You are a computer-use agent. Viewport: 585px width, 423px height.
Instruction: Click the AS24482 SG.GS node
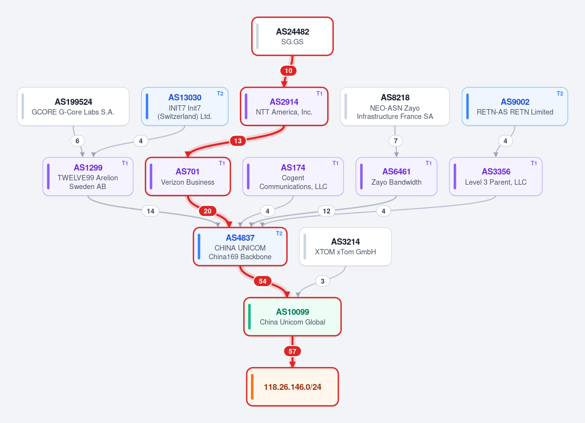(292, 36)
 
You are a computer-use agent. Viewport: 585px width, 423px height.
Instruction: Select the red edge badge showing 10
(288, 71)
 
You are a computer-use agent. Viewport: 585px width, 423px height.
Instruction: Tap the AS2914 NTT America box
(284, 107)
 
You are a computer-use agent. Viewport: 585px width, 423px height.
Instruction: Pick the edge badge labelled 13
(238, 141)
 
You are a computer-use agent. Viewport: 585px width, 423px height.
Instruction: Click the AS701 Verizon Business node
(188, 176)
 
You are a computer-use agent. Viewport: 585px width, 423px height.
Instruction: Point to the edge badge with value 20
(207, 211)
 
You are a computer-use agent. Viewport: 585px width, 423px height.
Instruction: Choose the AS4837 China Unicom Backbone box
(240, 247)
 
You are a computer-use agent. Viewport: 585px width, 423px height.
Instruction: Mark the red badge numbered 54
(262, 281)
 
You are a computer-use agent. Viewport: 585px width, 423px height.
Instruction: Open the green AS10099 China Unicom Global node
(292, 317)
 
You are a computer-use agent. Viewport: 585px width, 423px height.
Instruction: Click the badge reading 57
(292, 351)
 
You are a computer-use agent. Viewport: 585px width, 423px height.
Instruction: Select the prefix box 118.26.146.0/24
(292, 387)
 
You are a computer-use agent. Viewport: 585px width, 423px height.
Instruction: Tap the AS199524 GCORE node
(73, 107)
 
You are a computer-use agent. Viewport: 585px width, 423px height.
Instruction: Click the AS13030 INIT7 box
(185, 107)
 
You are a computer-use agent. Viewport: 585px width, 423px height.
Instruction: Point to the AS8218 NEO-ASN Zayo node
(395, 107)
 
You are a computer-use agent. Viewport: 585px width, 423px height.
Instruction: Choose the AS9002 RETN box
(515, 107)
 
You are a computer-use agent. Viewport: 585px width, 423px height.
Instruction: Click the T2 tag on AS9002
(560, 94)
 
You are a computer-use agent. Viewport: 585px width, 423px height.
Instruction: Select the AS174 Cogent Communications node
(293, 176)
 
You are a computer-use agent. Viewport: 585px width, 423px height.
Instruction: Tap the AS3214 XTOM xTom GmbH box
(345, 247)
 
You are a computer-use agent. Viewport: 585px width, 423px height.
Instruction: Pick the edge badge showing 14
(151, 211)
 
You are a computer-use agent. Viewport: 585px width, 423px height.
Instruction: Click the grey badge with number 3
(323, 281)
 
